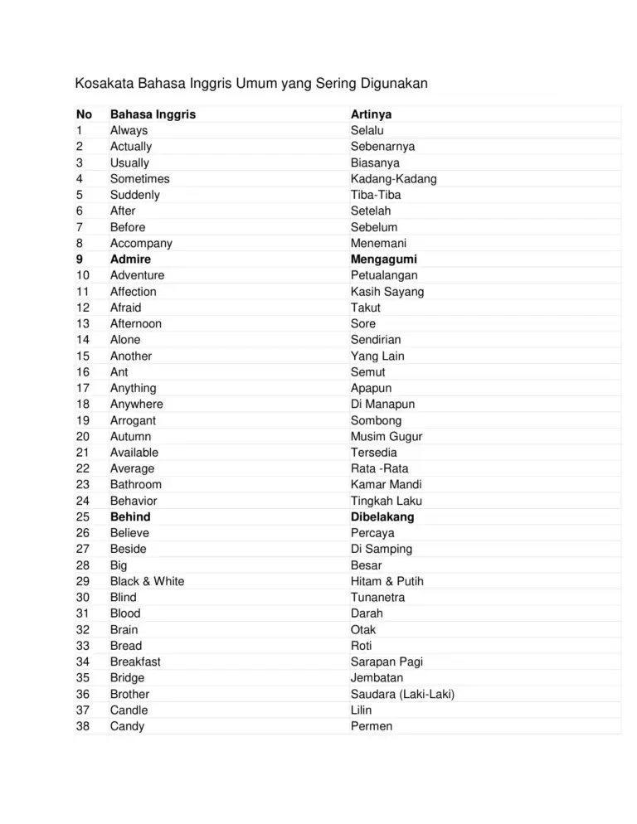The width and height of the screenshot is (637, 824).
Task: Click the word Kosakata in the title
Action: (103, 84)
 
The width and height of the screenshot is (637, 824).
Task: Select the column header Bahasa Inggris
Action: (153, 114)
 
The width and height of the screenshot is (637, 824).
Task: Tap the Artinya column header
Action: (371, 114)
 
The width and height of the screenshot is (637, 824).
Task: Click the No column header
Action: (84, 114)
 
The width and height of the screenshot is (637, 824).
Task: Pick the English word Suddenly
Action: (135, 195)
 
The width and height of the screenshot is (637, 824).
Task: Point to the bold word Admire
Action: (130, 259)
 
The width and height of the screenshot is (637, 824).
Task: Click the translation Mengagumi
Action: (383, 259)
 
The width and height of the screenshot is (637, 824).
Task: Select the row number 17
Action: (82, 388)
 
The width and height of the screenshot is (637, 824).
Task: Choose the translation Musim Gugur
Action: (386, 436)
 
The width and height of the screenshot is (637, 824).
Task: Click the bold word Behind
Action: (130, 516)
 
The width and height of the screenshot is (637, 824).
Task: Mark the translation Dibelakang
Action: (382, 516)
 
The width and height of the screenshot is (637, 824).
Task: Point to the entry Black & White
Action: (148, 581)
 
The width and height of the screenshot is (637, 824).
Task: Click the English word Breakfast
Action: (135, 662)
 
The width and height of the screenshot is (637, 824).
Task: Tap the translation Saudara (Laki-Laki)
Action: (402, 694)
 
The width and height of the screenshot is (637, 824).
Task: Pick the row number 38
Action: (82, 726)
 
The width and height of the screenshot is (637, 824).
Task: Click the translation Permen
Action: (372, 726)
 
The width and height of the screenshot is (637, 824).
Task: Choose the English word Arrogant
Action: (133, 420)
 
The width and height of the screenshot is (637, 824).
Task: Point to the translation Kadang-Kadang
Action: (393, 179)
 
